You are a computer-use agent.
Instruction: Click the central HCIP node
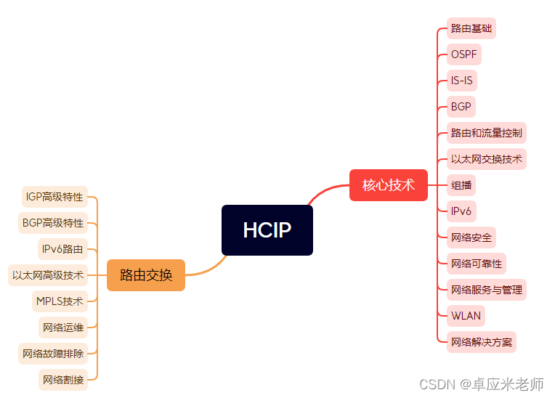click(x=267, y=230)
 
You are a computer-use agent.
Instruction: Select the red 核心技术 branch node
click(x=388, y=185)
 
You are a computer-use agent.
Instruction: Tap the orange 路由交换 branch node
click(x=146, y=275)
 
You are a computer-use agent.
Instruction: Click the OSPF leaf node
click(x=463, y=54)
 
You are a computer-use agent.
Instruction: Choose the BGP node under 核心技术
click(x=461, y=107)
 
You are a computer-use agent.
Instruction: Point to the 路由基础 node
click(x=471, y=28)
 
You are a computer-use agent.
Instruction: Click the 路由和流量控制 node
click(x=486, y=133)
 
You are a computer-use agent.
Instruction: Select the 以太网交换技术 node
click(x=486, y=159)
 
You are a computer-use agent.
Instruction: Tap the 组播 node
click(x=461, y=185)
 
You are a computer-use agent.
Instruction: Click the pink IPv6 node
click(x=461, y=211)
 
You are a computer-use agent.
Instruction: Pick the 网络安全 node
click(x=471, y=237)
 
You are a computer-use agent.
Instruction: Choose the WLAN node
click(x=465, y=316)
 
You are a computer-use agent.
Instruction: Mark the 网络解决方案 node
click(x=481, y=342)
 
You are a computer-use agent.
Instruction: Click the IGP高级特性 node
click(x=54, y=197)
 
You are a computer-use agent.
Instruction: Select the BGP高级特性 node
click(x=53, y=223)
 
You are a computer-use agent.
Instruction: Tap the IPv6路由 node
click(x=62, y=249)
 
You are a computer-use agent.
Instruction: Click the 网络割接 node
click(x=63, y=380)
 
